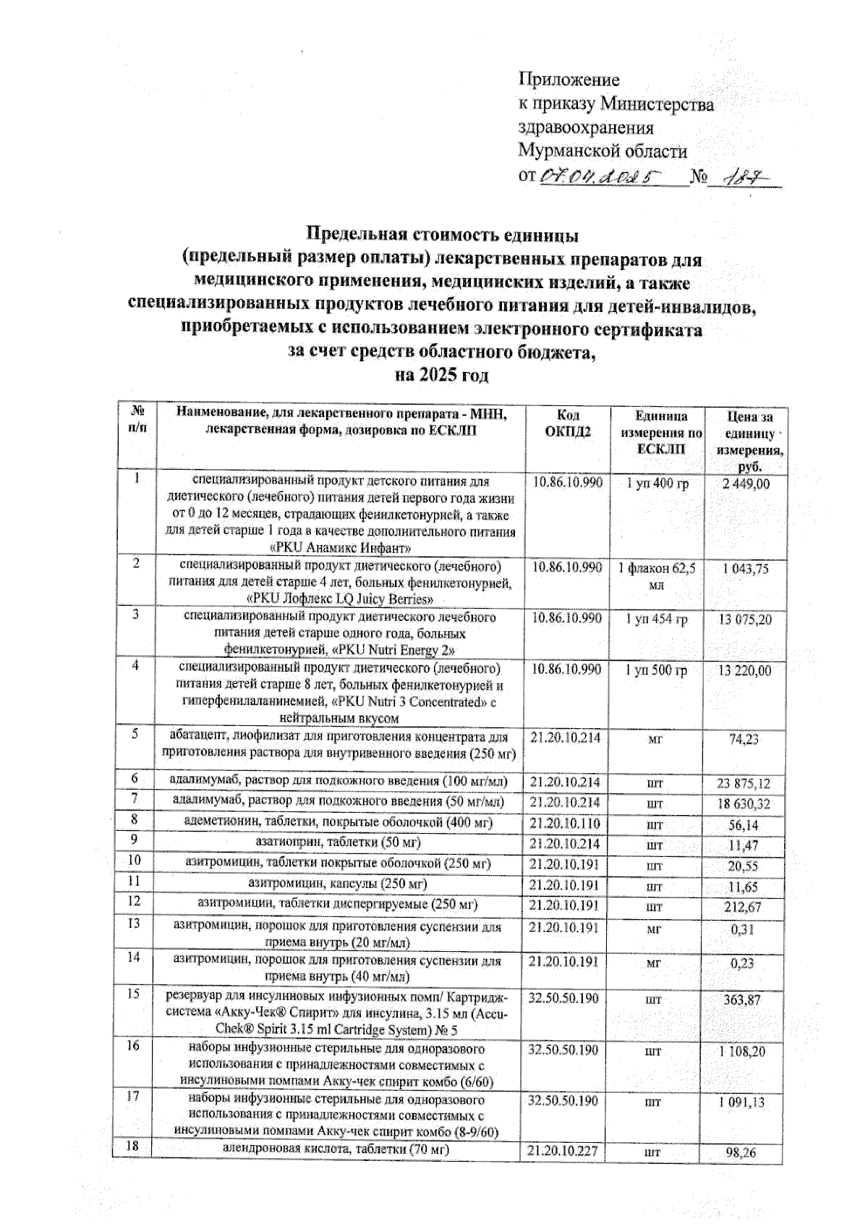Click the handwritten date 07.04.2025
coord(601,175)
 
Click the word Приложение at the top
coord(569,80)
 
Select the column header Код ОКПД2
coord(566,424)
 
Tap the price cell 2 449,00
coord(745,483)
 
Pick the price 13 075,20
coord(744,620)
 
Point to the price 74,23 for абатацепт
coord(744,739)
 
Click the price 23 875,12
coord(744,784)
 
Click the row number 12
coord(134,902)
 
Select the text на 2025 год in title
coord(441,376)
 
